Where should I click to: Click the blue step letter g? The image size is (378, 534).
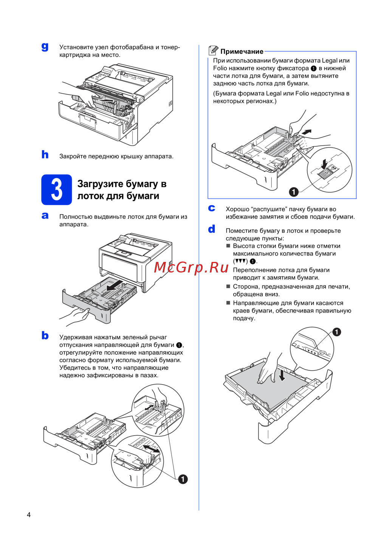[x=45, y=47]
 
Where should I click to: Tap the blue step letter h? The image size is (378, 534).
[x=45, y=154]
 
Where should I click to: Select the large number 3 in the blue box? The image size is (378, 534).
[x=56, y=189]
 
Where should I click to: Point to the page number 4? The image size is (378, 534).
[x=29, y=515]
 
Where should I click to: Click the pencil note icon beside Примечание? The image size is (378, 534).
[x=213, y=51]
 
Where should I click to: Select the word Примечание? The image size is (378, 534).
[x=242, y=52]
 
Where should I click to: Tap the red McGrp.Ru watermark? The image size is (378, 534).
[x=191, y=267]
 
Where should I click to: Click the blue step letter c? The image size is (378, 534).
[x=212, y=208]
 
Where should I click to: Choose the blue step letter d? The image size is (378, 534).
[x=212, y=229]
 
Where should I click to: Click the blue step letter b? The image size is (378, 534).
[x=45, y=335]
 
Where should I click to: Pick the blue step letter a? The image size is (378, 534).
[x=45, y=215]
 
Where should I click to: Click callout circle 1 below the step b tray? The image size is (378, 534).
[x=183, y=479]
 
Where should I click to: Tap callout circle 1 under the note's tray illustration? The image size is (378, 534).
[x=294, y=192]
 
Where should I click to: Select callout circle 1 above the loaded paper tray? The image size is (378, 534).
[x=336, y=332]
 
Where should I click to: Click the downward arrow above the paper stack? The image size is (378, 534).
[x=282, y=374]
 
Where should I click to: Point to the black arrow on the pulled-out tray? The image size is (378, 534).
[x=115, y=286]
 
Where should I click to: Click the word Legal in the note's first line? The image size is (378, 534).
[x=329, y=61]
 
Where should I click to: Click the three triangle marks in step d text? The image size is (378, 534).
[x=240, y=261]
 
